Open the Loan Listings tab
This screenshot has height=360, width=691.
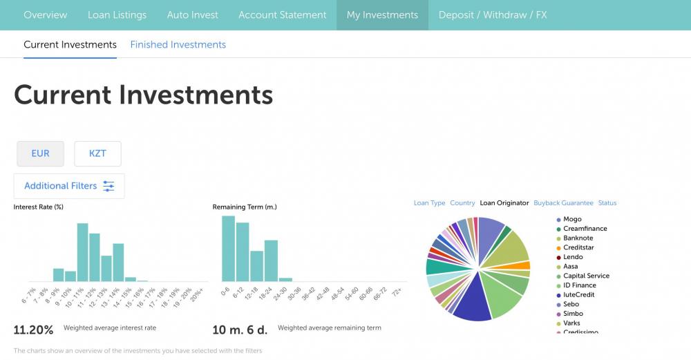coord(117,15)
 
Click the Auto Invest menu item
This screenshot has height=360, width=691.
coord(192,15)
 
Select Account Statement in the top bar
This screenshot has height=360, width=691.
coord(282,15)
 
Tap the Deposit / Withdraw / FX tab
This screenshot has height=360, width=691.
coord(493,15)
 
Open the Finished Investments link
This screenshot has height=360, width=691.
coord(178,44)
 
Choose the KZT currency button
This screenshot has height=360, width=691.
coord(97,153)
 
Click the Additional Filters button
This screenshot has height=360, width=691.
coord(69,186)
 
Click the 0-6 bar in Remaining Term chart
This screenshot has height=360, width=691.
coord(228,248)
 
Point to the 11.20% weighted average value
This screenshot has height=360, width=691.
coord(34,329)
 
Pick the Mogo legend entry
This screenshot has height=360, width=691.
coord(572,219)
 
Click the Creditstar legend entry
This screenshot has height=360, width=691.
coord(578,247)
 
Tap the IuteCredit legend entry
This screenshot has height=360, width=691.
coord(578,294)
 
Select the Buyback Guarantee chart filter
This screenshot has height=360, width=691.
coord(563,203)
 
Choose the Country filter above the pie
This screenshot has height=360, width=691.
coord(462,203)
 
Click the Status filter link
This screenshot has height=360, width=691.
coord(607,203)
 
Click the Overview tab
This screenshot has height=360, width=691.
coord(46,15)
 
